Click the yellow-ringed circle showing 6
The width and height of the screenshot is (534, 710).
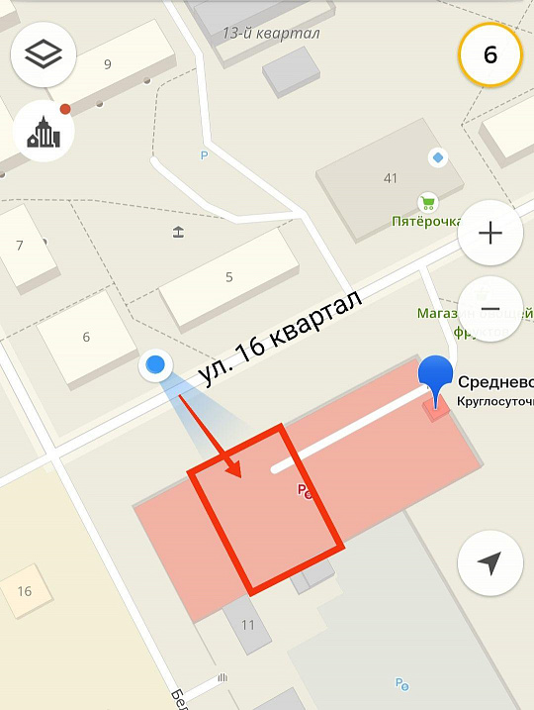489,53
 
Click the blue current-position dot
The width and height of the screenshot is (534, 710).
154,366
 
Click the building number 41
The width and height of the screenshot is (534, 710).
391,178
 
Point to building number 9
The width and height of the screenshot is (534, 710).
107,65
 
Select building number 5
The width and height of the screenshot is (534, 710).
229,277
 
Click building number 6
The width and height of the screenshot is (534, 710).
86,337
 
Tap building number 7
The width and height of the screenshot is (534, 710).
20,246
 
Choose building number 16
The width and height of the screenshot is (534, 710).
25,591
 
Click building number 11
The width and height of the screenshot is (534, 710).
247,625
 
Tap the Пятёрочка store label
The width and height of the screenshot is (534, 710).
426,222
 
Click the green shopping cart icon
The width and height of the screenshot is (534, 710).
427,202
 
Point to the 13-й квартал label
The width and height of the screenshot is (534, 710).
271,34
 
